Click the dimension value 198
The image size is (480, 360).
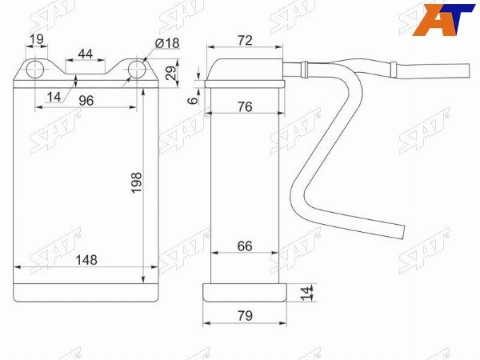(x=137, y=182)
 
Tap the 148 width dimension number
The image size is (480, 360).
(x=86, y=260)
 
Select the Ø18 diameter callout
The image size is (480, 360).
(x=167, y=43)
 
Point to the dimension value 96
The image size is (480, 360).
(x=86, y=101)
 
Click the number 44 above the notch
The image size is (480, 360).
(x=86, y=54)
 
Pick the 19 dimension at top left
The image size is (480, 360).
(x=37, y=39)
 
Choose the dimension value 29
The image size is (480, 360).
(x=171, y=73)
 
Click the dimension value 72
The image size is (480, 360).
(x=245, y=41)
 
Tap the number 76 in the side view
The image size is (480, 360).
(x=245, y=107)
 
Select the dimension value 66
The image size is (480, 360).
(x=245, y=246)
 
